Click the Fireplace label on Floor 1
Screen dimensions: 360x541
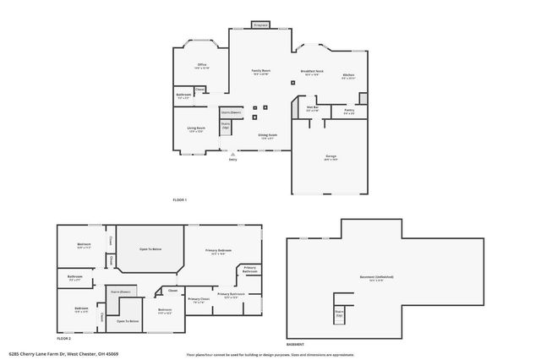click(260, 25)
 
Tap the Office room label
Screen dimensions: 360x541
click(203, 66)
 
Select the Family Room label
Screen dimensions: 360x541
click(260, 71)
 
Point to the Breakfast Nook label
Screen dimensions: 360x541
click(313, 72)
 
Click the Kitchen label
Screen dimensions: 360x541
click(348, 76)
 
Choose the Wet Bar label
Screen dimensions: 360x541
click(312, 108)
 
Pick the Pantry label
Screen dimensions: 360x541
click(348, 110)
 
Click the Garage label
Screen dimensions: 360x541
click(331, 157)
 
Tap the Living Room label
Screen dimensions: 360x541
click(196, 129)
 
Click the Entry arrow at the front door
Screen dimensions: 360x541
click(232, 154)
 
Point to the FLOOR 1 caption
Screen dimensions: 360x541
click(179, 199)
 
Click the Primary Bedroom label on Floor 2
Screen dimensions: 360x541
click(218, 251)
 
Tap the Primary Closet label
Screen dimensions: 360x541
click(199, 300)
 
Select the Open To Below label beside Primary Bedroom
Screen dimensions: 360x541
click(150, 249)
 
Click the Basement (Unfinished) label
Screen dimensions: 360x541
click(381, 277)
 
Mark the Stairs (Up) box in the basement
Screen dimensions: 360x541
click(340, 313)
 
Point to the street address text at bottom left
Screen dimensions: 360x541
click(63, 353)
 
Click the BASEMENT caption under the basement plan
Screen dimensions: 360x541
click(295, 344)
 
